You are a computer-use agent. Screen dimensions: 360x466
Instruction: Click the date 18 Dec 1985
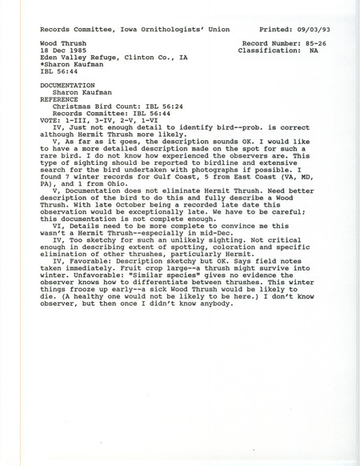(63, 48)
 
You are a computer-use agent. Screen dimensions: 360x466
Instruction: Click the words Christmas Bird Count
(90, 110)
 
